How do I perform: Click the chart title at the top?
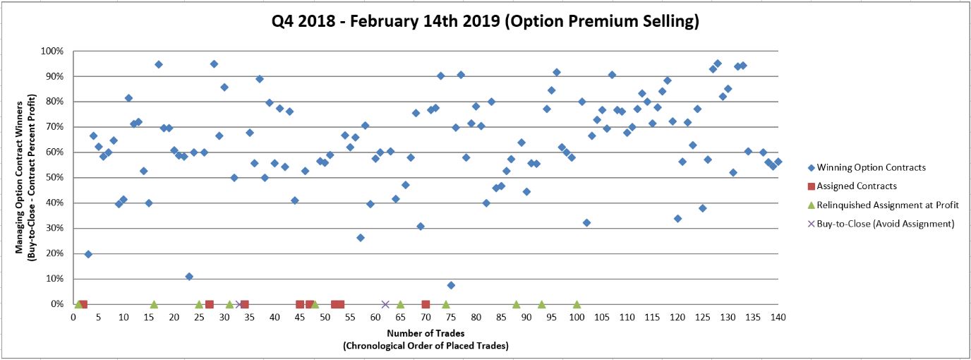click(486, 22)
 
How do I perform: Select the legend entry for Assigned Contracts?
click(856, 186)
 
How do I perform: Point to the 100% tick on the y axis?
click(54, 52)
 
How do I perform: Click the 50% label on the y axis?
click(56, 178)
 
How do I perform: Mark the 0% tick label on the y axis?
click(58, 304)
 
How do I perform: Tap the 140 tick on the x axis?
click(778, 317)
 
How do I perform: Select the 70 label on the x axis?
click(426, 317)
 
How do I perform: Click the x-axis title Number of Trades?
click(426, 332)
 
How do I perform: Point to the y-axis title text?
click(25, 178)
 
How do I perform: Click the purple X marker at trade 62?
click(385, 304)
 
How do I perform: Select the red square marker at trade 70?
click(426, 304)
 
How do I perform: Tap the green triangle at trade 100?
click(577, 304)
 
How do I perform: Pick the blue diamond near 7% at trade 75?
click(451, 285)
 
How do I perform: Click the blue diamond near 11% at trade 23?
click(189, 277)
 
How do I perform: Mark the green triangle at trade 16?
click(154, 304)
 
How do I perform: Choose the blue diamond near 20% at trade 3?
click(88, 254)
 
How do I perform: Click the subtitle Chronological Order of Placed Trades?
click(426, 346)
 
